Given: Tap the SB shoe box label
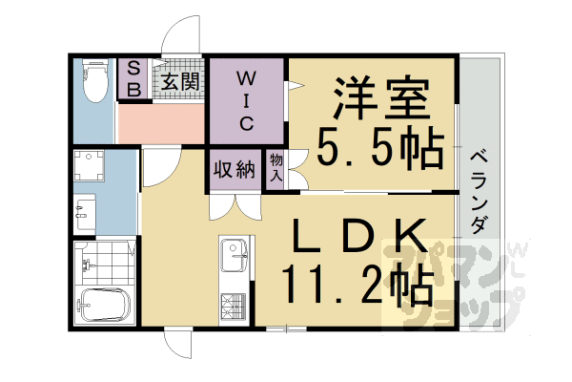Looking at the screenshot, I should [x=133, y=79].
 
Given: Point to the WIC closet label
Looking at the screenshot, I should [x=245, y=98].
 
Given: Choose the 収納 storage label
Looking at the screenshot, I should [x=234, y=170].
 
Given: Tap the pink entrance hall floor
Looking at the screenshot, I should [x=160, y=122].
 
